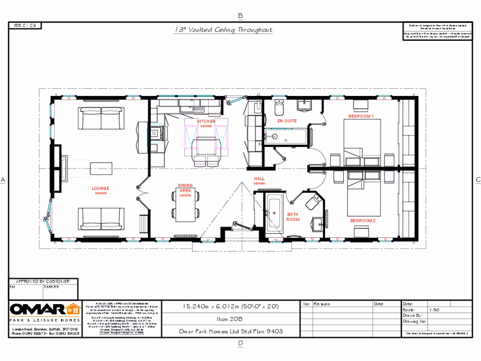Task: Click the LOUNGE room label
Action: point(101,189)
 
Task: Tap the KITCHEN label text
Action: point(206,121)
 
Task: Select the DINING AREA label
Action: point(185,188)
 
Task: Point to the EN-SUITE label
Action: point(287,121)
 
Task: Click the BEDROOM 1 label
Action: point(361,116)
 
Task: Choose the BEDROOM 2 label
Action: point(363,220)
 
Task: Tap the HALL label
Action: point(259,179)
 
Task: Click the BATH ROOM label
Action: point(293,217)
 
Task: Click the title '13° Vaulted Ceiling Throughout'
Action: point(223,30)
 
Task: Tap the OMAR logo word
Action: point(38,310)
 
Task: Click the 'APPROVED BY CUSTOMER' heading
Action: point(43,281)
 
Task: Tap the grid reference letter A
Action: point(3,180)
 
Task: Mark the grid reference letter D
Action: point(240,344)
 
